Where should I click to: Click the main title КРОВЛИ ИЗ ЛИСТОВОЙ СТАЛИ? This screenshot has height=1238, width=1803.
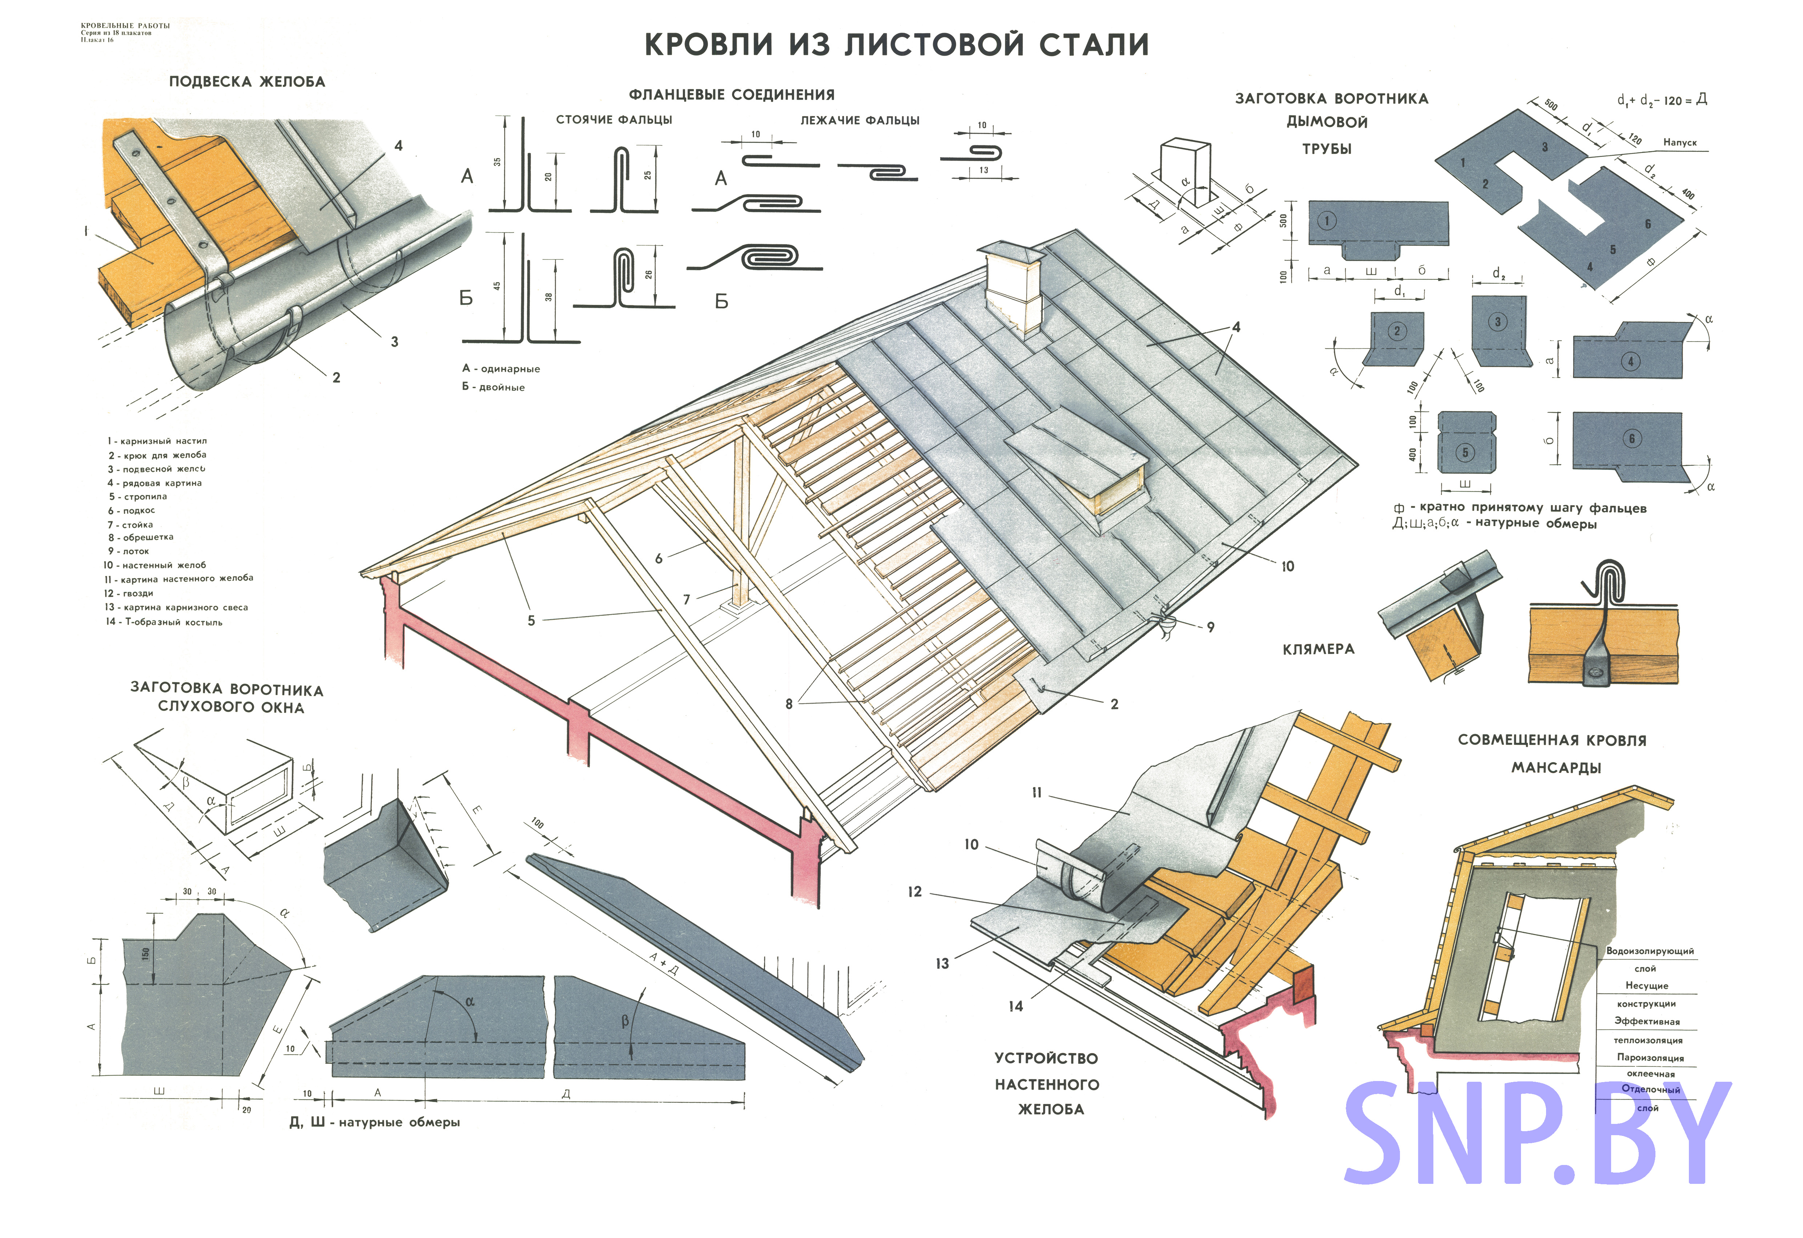point(896,44)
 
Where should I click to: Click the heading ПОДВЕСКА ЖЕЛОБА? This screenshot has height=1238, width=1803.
point(247,81)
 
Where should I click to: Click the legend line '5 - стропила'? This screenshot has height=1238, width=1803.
point(138,496)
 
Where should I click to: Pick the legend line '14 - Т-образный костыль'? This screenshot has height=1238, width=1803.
point(165,622)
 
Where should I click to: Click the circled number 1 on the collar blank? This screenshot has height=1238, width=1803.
point(1327,221)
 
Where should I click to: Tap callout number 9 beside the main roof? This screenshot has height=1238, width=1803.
point(1210,627)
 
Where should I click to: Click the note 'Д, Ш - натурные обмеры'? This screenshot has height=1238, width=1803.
point(375,1122)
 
